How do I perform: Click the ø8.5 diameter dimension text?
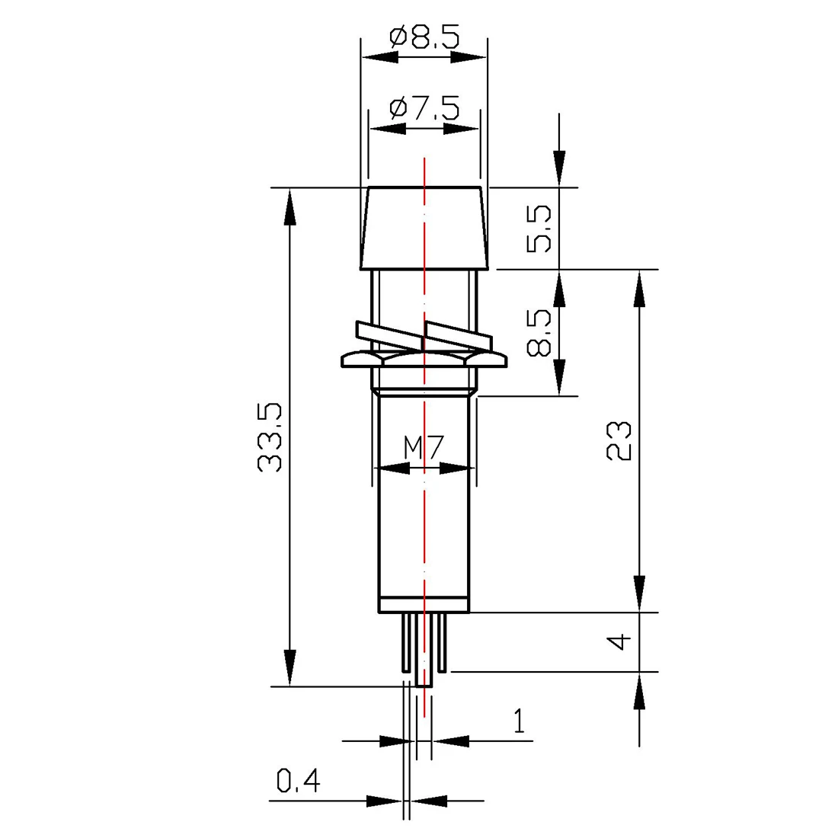pos(424,38)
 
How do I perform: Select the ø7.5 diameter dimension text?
pos(424,109)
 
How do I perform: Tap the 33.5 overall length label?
pos(270,438)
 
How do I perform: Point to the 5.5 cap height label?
pos(539,229)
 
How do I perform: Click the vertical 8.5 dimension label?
pos(539,332)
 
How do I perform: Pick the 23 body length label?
pos(619,441)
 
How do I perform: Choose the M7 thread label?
pos(424,448)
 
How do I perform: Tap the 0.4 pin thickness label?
pos(298,781)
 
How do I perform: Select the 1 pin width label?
pos(519,721)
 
